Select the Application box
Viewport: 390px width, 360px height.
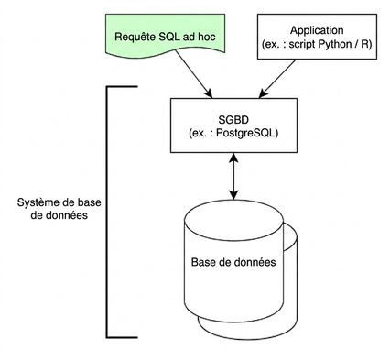(317, 37)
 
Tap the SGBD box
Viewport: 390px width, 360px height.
(233, 125)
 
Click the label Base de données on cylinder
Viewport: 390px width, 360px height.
(233, 262)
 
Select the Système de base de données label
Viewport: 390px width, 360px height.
(59, 209)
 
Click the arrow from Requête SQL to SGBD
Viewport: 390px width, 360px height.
(194, 74)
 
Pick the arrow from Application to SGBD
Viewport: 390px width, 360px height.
(277, 79)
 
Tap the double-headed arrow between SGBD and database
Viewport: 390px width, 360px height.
(233, 176)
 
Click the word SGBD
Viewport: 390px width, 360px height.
(233, 120)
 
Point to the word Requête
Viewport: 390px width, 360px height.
(135, 37)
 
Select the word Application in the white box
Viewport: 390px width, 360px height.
(317, 30)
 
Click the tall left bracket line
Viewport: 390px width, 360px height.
(107, 213)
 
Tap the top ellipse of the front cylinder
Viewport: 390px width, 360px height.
(234, 220)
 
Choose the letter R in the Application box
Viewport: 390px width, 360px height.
(365, 44)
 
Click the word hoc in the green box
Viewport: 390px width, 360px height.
(207, 37)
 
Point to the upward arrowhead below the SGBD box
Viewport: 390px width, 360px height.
(233, 158)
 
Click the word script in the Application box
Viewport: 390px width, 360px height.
(301, 45)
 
